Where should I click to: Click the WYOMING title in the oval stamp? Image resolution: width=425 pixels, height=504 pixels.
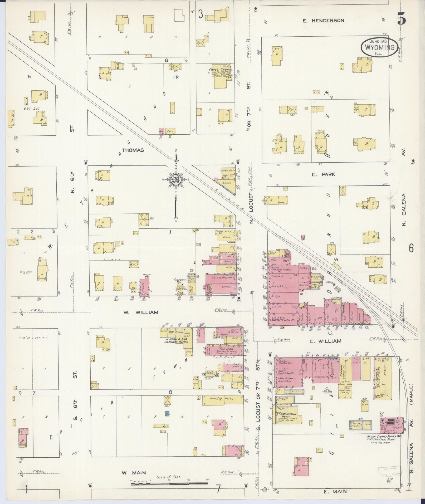click(379, 48)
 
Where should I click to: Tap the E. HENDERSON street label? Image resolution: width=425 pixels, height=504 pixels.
click(323, 21)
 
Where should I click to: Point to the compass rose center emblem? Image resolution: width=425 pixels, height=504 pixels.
click(175, 180)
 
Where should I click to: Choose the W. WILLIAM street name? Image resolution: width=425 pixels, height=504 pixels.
click(141, 312)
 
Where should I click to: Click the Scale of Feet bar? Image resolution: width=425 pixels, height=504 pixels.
click(169, 484)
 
